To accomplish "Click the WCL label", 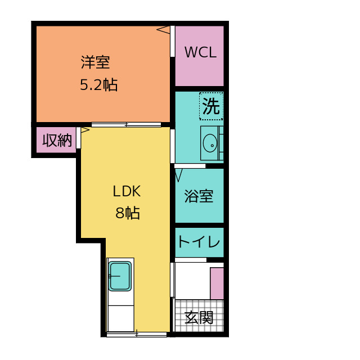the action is pos(200,52).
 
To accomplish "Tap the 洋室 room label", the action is pos(95,62).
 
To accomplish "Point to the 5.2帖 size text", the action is pos(99,85).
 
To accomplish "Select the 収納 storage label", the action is pos(57,140).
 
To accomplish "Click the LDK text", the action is pos(127,191).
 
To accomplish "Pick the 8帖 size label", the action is pos(128,213).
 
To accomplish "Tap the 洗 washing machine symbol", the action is pos(211,106).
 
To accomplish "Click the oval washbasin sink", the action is pos(210,143).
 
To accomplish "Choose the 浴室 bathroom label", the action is pos(199,196).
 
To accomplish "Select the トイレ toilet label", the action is pos(199,241).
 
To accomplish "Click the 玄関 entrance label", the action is pos(199,317).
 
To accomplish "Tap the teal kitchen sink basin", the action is pos(120,276).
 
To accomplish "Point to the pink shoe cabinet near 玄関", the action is pos(217,283).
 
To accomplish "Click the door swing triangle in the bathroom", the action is pos(179,175).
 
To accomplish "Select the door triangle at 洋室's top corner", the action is pos(164,30).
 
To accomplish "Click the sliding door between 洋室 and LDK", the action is pos(126,125).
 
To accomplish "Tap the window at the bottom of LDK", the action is pos(137,335).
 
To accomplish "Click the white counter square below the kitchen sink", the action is pos(121,318).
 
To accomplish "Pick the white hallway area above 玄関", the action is pos(193,281).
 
